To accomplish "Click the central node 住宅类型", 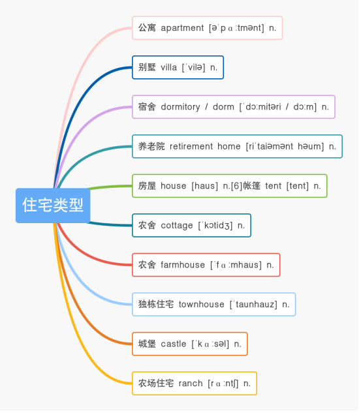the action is click(x=53, y=206).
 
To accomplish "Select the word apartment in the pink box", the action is click(x=182, y=28).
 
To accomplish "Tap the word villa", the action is click(x=169, y=67).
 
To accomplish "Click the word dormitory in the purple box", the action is click(x=180, y=107).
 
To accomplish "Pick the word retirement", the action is click(x=191, y=146).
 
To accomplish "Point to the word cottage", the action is click(x=177, y=226).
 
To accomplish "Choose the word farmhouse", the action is click(x=183, y=265).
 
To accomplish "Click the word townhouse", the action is click(x=202, y=305).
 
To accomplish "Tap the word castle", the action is click(x=174, y=344).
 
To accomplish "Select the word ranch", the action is click(x=191, y=384).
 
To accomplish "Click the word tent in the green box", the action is click(x=274, y=186).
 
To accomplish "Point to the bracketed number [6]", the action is click(x=236, y=186).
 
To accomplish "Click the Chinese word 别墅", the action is click(x=147, y=67).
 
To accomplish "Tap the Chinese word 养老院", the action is click(x=151, y=146).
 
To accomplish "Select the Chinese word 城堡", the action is click(x=147, y=344).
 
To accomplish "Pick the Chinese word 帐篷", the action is click(x=251, y=186).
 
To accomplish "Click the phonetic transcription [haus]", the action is click(x=205, y=186).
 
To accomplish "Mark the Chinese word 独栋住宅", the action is click(x=156, y=305).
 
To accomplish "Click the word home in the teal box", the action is click(x=229, y=146).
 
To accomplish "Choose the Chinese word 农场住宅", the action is click(x=156, y=384).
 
